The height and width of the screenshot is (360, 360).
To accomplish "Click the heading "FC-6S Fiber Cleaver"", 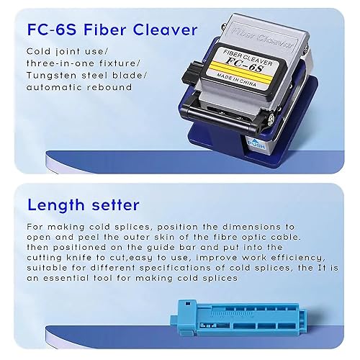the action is (x=112, y=30).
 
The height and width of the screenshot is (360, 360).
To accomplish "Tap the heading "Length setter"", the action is (x=84, y=205).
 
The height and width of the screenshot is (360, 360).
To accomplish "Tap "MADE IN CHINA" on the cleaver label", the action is (x=237, y=80).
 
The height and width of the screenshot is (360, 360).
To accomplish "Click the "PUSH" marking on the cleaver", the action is (x=257, y=145).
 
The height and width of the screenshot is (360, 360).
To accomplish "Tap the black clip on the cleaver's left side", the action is (x=191, y=73).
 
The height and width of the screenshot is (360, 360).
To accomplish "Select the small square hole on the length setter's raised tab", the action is (x=188, y=304).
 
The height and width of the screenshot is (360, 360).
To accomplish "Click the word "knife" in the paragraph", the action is (x=79, y=258).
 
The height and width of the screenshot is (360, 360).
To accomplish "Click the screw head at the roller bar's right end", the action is (x=271, y=118).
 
